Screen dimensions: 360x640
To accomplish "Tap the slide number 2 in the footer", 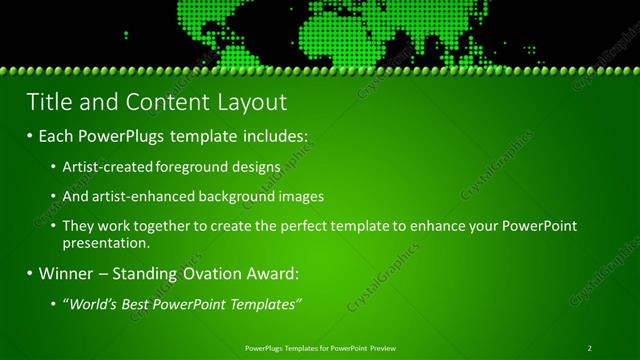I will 590,347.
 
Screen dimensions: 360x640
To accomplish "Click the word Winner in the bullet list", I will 69,273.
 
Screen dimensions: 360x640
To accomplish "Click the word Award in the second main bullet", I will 272,273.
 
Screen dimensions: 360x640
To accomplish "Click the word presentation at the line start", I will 105,242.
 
